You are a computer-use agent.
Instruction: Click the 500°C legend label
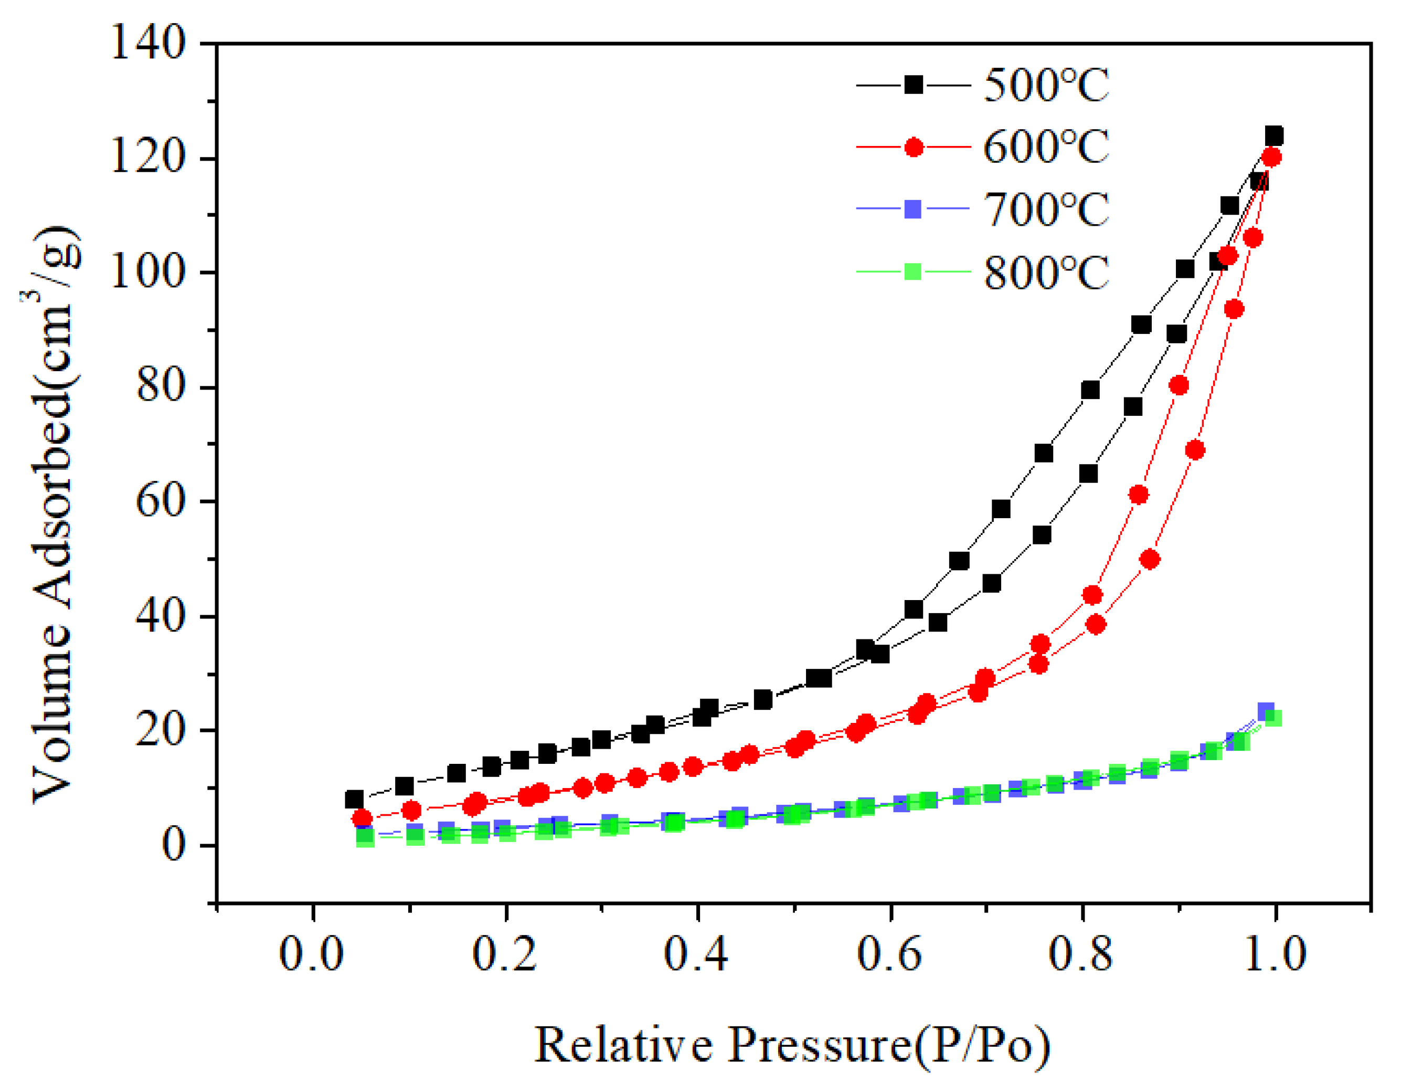click(x=1046, y=86)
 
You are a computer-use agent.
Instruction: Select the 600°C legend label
click(x=1046, y=147)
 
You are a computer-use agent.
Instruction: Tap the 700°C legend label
click(x=1046, y=210)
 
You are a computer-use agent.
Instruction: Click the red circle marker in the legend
click(x=914, y=148)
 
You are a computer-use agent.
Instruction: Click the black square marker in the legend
click(x=914, y=85)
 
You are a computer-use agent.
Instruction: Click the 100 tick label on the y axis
click(x=148, y=273)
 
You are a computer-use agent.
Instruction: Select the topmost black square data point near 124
click(x=1274, y=136)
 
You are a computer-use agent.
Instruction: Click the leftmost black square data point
click(x=354, y=800)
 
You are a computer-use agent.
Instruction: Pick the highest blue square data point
click(x=1266, y=711)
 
